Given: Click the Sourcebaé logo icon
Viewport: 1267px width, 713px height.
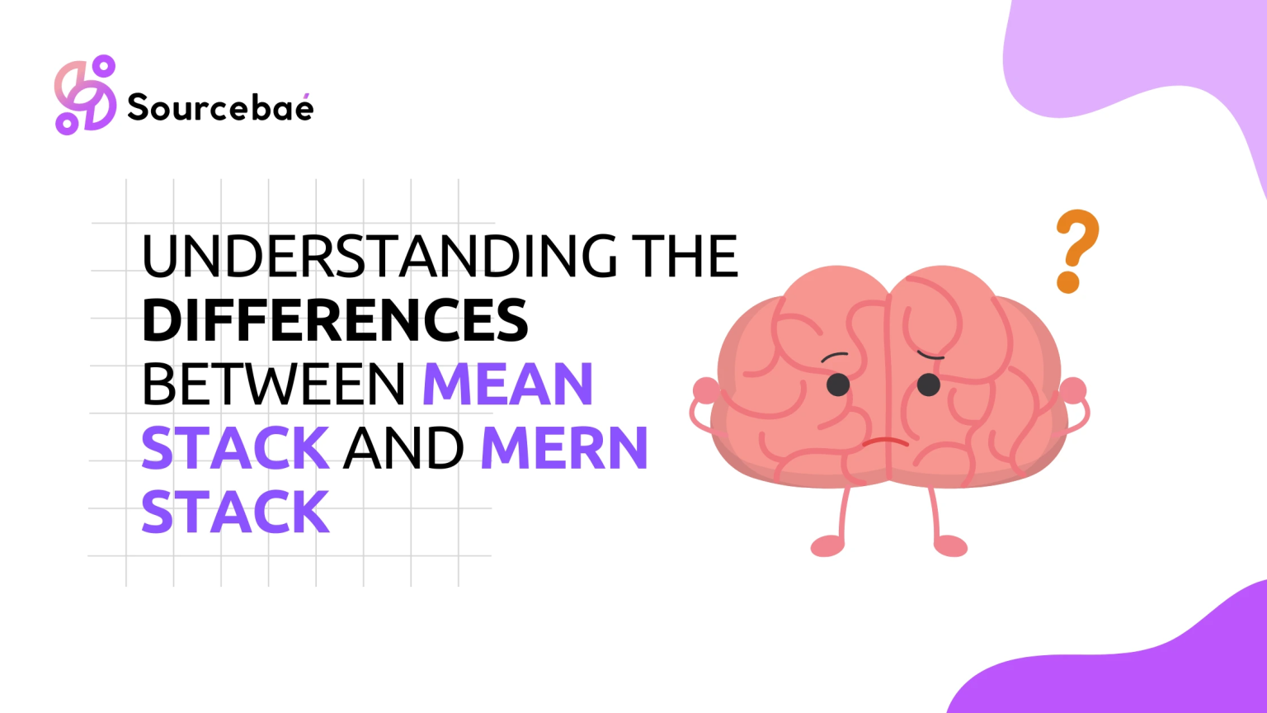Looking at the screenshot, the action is [86, 95].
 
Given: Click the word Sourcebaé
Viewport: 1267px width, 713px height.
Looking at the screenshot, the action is [220, 106].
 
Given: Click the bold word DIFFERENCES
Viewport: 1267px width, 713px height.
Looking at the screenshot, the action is [335, 320].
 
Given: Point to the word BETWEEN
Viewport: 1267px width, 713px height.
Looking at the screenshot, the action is [274, 385].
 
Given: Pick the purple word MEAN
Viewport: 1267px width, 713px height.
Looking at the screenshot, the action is [508, 385].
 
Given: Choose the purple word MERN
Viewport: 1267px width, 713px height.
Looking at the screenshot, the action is [564, 448].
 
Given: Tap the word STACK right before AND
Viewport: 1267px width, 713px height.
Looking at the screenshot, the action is [235, 448].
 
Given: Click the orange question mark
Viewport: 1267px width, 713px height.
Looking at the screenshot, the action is [1077, 251].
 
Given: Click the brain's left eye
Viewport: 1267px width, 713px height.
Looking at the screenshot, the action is [838, 385].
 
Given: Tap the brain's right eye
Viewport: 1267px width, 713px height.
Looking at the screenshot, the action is [928, 385].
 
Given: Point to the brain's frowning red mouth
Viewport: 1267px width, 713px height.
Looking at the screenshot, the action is [886, 441].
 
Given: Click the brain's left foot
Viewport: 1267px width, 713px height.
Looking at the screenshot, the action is [827, 546].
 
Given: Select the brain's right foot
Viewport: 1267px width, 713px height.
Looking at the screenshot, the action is [950, 546].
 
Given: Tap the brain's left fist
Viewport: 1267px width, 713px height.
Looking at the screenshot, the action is [706, 390].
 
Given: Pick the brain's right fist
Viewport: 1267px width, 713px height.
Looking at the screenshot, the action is [1073, 390].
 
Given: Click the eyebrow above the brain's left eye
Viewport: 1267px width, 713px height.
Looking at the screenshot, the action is [834, 356].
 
